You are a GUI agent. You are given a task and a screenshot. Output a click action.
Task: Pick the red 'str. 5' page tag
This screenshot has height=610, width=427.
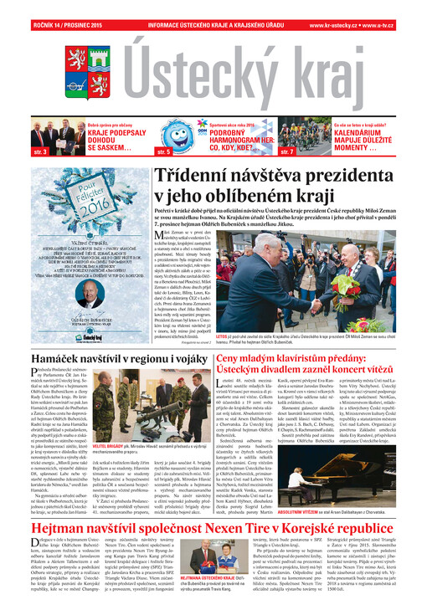pyautogui.click(x=164, y=152)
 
